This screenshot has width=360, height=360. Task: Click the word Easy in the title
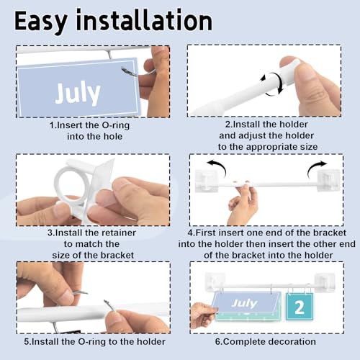[40, 22]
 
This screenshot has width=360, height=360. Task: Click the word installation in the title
[144, 19]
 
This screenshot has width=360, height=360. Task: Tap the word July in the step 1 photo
[78, 93]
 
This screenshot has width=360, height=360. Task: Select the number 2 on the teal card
[300, 307]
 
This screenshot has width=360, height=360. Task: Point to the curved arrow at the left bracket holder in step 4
[217, 167]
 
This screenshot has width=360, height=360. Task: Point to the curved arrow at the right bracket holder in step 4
[316, 168]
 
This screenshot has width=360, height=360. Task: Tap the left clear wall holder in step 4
[207, 181]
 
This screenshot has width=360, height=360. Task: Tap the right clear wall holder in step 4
[329, 180]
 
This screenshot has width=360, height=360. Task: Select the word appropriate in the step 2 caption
[271, 147]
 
